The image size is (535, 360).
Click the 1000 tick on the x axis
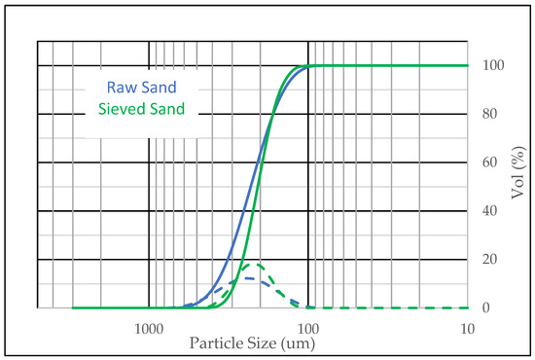(x=148, y=329)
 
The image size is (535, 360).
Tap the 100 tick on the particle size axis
(x=308, y=329)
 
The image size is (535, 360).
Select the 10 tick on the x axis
(x=468, y=329)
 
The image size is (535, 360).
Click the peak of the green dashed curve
(x=254, y=265)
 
